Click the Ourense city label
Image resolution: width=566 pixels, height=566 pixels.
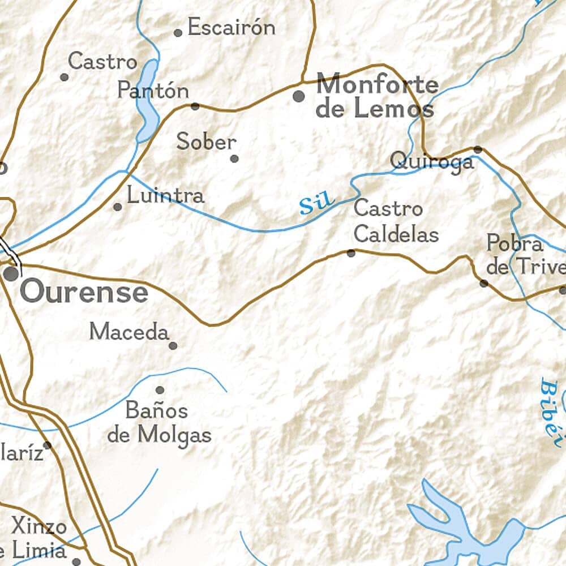pos(84,293)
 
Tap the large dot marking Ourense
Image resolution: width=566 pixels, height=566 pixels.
pos(11,274)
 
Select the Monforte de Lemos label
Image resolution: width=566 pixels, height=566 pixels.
pos(376,96)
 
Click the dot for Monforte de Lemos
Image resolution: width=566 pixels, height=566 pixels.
pos(298,96)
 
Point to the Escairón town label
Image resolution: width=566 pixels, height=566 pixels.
pos(231,27)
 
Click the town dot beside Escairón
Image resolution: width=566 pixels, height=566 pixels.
pos(178,33)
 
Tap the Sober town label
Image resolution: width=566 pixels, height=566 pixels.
pos(206,141)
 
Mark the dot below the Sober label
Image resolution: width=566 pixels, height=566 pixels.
pos(234,158)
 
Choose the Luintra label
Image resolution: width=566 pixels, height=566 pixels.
pos(165,196)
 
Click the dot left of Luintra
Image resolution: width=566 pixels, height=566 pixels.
pos(117,207)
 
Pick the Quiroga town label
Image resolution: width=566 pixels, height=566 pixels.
pos(432,162)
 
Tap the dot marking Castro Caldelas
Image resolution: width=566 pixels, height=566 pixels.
pos(351,253)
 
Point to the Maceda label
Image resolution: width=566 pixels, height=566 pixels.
pos(129,332)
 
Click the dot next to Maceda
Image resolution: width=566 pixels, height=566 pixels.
pos(173,345)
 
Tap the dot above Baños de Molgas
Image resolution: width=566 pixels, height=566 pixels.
pos(160,390)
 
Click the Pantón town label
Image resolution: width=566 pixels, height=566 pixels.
pos(153,91)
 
